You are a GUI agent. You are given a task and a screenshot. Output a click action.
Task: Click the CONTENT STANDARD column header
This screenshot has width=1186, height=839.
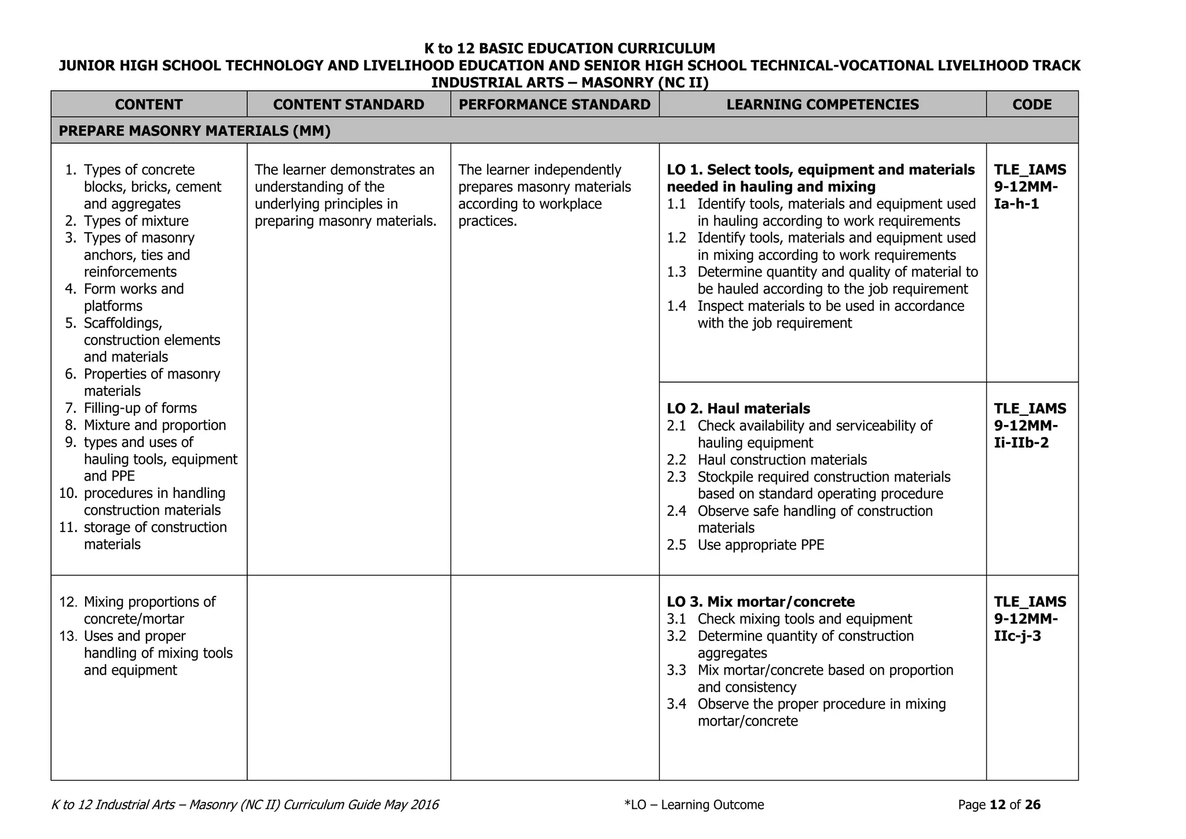pos(349,104)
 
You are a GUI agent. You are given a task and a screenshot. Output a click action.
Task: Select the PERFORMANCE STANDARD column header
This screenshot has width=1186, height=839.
pos(554,104)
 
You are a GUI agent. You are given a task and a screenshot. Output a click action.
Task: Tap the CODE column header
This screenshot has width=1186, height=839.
pos(1032,104)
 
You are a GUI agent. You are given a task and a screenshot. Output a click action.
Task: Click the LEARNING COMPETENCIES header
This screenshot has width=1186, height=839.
pos(822,104)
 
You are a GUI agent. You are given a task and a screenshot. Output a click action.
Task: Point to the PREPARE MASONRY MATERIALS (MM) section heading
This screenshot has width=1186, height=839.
pos(195,131)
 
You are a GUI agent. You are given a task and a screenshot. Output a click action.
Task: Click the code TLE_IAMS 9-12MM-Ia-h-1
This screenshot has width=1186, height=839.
pos(1030,186)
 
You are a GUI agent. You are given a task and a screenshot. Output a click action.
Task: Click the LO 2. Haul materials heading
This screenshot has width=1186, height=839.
pos(738,409)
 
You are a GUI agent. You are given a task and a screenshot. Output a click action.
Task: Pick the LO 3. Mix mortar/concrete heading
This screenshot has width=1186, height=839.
pos(760,602)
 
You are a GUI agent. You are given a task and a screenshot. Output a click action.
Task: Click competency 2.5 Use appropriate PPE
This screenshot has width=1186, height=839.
pos(760,545)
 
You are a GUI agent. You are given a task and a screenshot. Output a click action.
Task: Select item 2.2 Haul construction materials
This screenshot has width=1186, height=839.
pos(782,460)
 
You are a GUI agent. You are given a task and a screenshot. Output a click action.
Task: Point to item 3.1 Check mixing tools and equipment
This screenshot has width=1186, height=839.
pos(804,619)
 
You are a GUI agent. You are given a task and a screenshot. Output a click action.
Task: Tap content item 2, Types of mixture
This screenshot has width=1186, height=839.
pos(136,221)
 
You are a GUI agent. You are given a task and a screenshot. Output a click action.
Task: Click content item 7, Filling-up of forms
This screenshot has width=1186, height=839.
pos(140,408)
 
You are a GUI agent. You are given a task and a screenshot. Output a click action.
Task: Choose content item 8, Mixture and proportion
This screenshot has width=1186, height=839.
pos(155,425)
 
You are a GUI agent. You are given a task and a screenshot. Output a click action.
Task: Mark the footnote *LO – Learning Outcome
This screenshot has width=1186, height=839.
pos(694,805)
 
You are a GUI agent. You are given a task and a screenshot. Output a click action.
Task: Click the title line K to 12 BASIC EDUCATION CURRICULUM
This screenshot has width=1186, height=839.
pos(569,48)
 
